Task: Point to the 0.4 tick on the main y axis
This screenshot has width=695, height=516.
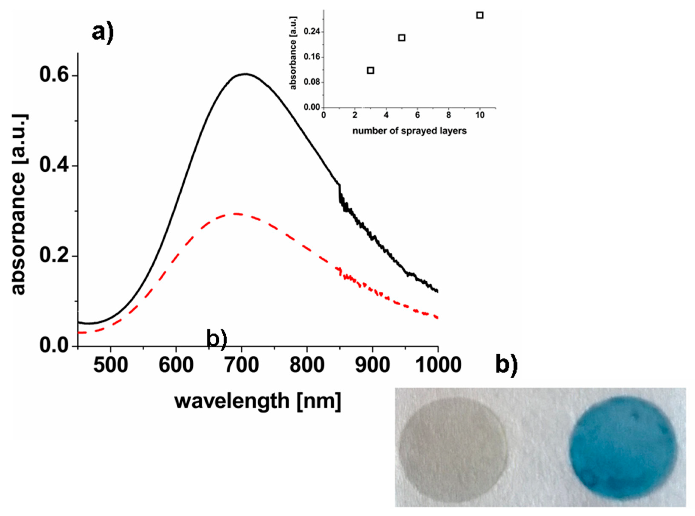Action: (x=54, y=166)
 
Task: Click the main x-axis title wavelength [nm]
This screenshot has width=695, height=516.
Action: (x=258, y=401)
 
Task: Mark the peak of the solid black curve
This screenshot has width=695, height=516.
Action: (x=246, y=74)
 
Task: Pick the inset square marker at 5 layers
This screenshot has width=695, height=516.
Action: (x=402, y=38)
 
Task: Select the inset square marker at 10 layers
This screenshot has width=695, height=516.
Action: (x=480, y=15)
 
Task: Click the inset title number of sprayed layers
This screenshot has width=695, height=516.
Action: (x=409, y=131)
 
